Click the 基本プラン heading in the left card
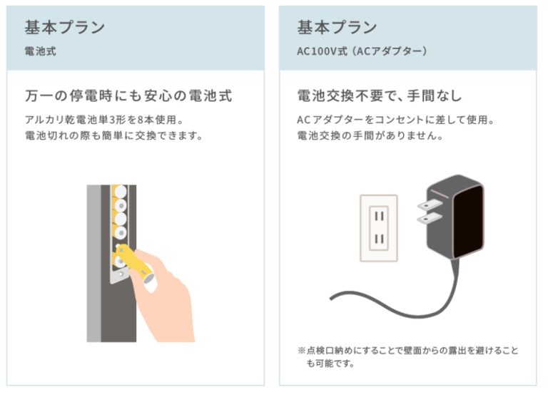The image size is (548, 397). (65, 28)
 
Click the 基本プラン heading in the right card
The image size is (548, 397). (337, 28)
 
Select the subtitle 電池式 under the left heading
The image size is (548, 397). (39, 52)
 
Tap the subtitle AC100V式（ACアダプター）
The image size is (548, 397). (361, 52)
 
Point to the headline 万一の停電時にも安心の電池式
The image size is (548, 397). (128, 96)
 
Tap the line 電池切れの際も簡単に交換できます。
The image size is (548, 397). (114, 135)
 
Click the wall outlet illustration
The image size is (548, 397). (378, 228)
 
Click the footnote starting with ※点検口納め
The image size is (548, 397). (407, 357)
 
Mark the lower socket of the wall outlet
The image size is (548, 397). (379, 241)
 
